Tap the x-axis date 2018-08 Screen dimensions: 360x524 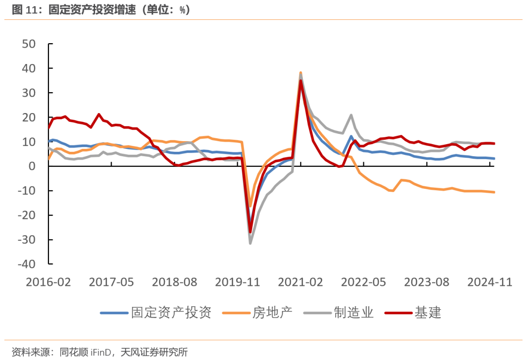(x=174, y=282)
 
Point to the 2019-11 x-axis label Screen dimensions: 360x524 (x=237, y=282)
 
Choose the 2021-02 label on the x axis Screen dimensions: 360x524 (x=301, y=282)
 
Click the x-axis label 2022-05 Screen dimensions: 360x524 (x=363, y=282)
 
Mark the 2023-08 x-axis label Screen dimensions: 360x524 (x=426, y=282)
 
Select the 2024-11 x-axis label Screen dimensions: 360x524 (x=490, y=282)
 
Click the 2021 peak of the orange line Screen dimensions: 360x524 (x=301, y=73)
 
